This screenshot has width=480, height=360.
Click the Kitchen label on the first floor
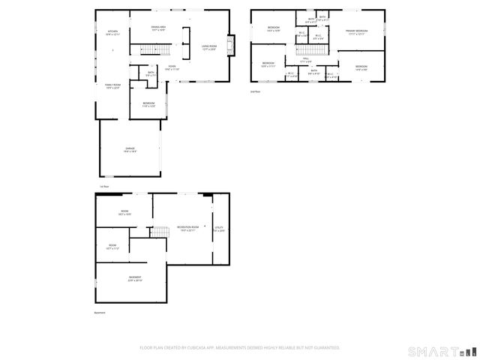pyautogui.click(x=112, y=32)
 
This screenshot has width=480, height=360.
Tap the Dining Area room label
pyautogui.click(x=158, y=28)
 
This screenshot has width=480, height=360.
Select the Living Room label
pyautogui.click(x=208, y=48)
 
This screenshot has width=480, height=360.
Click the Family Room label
pyautogui.click(x=113, y=86)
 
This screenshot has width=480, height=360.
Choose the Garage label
pyautogui.click(x=130, y=150)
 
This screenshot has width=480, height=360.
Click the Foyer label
pyautogui.click(x=172, y=67)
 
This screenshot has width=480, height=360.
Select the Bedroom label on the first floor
pyautogui.click(x=148, y=103)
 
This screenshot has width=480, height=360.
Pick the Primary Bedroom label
pyautogui.click(x=355, y=31)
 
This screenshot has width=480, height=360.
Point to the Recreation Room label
pyautogui.click(x=188, y=227)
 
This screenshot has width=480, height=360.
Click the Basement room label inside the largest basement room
pyautogui.click(x=135, y=277)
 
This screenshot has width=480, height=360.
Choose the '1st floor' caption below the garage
pyautogui.click(x=104, y=186)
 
